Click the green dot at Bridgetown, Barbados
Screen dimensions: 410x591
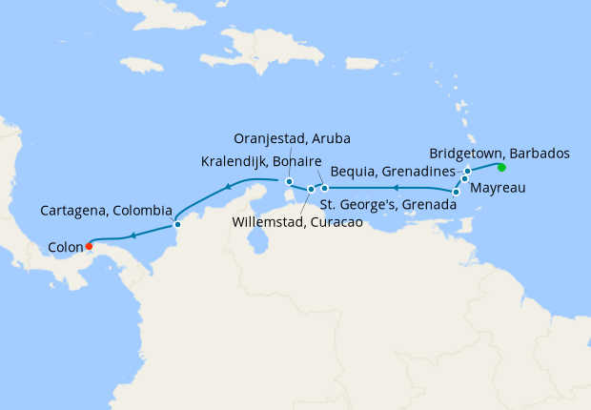tap(500, 168)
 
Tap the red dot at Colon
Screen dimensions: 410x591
tap(88, 243)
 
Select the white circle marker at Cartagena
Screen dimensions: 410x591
tap(176, 225)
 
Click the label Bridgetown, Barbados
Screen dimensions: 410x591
tap(499, 153)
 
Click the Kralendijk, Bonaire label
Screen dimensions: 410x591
tap(261, 160)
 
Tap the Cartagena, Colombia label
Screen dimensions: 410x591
tap(107, 210)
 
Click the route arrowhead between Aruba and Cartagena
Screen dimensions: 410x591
tap(229, 186)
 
